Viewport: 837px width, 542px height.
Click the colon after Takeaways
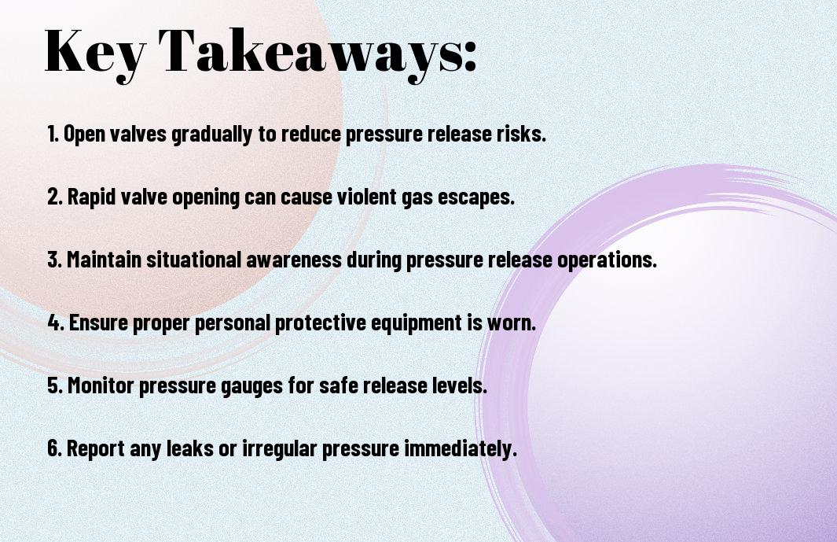tap(470, 57)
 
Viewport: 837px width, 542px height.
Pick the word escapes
tap(476, 197)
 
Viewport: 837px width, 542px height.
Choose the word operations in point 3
tap(607, 260)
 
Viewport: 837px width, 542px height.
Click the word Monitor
tap(101, 385)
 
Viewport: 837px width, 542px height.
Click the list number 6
tap(55, 448)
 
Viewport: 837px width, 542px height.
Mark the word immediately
tap(460, 448)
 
